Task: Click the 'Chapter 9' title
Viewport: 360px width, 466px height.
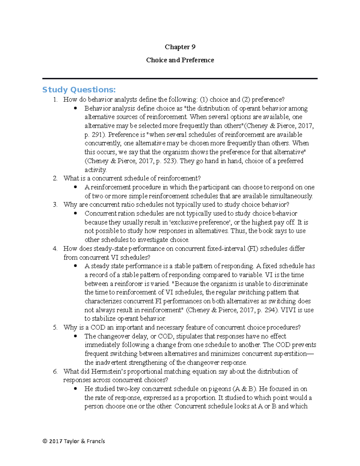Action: [x=180, y=47]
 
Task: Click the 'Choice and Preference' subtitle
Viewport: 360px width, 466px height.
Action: [x=180, y=60]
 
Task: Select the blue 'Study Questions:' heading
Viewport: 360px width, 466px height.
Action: [x=79, y=90]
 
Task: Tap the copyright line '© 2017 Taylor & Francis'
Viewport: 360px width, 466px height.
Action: [x=74, y=441]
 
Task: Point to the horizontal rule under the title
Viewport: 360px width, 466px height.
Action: [x=180, y=79]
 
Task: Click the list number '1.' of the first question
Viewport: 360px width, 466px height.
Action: [x=55, y=100]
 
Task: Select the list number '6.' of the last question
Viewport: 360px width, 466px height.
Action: [x=55, y=371]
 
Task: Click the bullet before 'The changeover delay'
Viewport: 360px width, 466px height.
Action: [x=76, y=336]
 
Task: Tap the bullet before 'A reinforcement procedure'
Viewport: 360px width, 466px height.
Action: [x=76, y=187]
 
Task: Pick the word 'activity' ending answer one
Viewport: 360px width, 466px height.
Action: [x=95, y=170]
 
